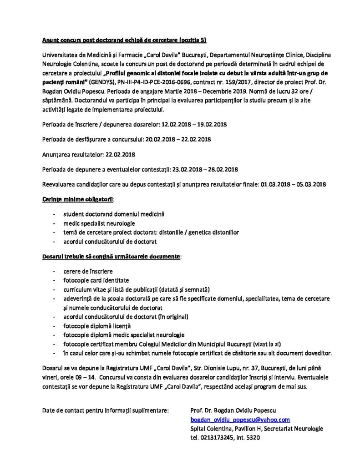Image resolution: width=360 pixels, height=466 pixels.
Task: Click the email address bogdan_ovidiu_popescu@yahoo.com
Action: (x=240, y=420)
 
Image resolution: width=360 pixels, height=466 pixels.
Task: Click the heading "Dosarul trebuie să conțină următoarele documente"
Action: (x=111, y=257)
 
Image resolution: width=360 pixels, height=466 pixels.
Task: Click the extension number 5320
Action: (x=251, y=438)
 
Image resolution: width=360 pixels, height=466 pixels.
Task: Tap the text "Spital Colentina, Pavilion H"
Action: (x=228, y=429)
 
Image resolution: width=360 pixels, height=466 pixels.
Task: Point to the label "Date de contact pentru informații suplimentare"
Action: (x=105, y=411)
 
